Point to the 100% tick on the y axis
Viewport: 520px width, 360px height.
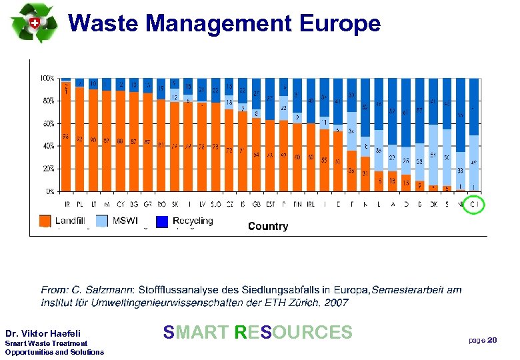(47, 78)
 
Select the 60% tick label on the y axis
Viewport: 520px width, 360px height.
(48, 123)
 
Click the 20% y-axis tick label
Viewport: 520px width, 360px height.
(48, 169)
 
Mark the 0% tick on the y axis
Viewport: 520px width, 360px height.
(50, 191)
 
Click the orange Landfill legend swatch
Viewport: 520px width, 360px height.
(45, 221)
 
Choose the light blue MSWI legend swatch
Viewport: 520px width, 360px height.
(102, 221)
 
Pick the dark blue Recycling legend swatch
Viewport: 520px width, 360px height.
(162, 221)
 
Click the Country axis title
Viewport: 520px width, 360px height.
(268, 227)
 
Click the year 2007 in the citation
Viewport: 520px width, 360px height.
(337, 302)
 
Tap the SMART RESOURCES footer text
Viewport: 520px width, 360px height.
(257, 332)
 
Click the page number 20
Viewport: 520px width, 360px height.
(492, 341)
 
